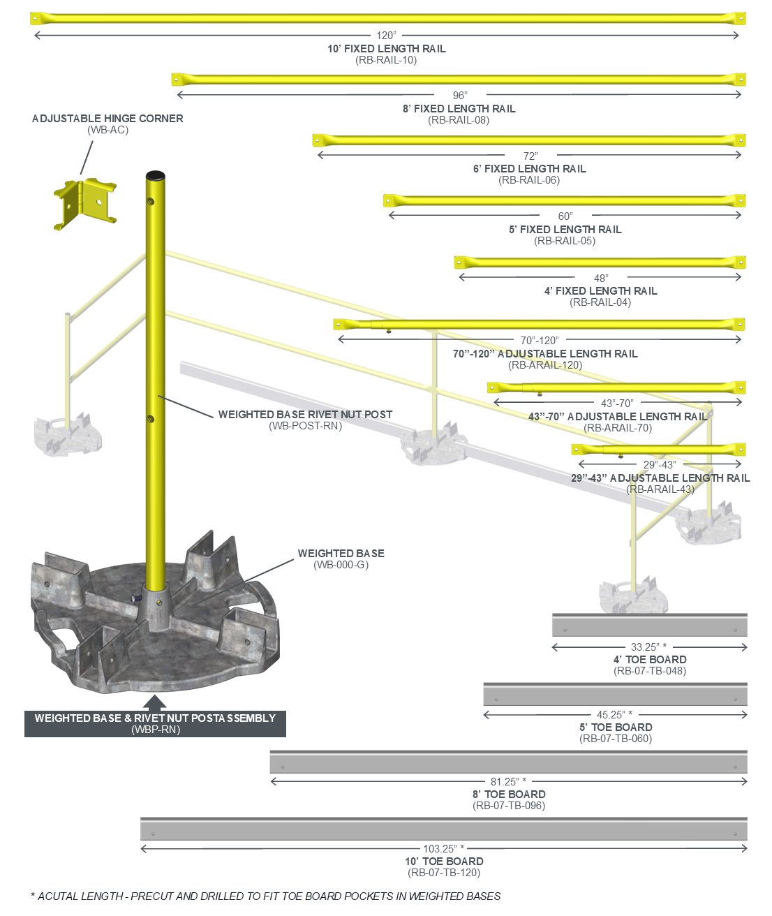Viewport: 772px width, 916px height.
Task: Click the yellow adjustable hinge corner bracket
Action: click(x=85, y=202)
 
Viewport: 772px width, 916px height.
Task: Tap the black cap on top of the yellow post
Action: click(x=155, y=175)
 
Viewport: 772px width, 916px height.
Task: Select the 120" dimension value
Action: click(x=386, y=36)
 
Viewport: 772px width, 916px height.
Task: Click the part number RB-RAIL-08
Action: click(x=459, y=120)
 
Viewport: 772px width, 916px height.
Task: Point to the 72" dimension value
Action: click(x=530, y=156)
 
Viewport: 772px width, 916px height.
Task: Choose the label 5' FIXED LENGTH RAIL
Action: click(x=565, y=230)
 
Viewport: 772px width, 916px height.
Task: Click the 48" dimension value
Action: click(x=601, y=279)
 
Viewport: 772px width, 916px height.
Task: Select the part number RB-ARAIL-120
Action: click(x=545, y=365)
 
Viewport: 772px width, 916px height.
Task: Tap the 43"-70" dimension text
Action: click(x=617, y=404)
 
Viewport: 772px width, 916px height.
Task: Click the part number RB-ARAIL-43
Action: click(x=660, y=489)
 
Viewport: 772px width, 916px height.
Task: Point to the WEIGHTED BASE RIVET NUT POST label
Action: click(x=305, y=415)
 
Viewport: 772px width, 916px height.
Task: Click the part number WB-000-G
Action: click(x=341, y=565)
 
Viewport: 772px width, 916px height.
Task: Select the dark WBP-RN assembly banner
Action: click(x=155, y=724)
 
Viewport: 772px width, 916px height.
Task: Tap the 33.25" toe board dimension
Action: click(x=648, y=647)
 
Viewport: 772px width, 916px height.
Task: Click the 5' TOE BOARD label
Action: click(x=616, y=727)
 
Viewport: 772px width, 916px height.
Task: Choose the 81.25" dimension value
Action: click(x=508, y=782)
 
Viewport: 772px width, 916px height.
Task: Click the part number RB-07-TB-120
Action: click(x=444, y=873)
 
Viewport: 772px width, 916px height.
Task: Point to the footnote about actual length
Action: click(x=266, y=896)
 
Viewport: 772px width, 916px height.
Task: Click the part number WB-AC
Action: click(x=107, y=130)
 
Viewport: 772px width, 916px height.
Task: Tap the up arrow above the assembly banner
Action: click(x=155, y=702)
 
